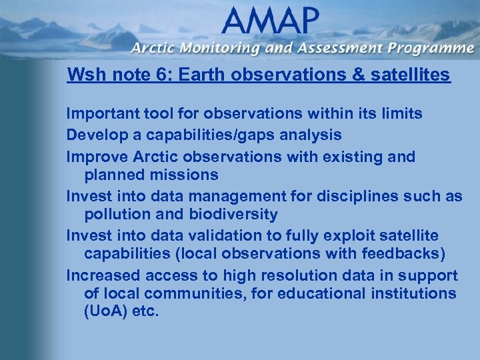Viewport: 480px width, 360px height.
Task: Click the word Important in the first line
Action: point(97,114)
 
